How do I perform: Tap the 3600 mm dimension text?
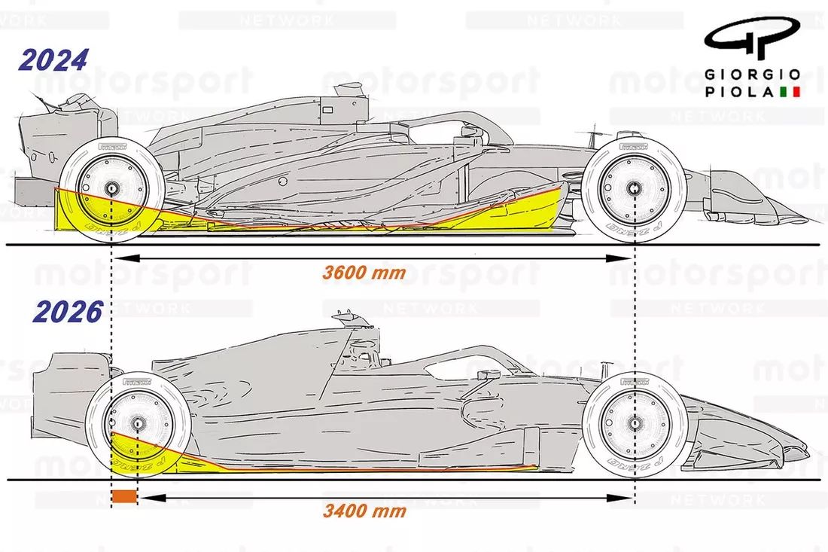coord(364,273)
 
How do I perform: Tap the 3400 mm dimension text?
coord(364,511)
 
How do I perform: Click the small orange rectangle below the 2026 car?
coord(124,496)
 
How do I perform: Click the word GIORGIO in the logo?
coord(753,75)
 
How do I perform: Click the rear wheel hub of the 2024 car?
coord(111,188)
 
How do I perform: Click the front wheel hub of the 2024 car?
coord(635,188)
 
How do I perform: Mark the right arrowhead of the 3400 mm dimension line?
coord(629,496)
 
